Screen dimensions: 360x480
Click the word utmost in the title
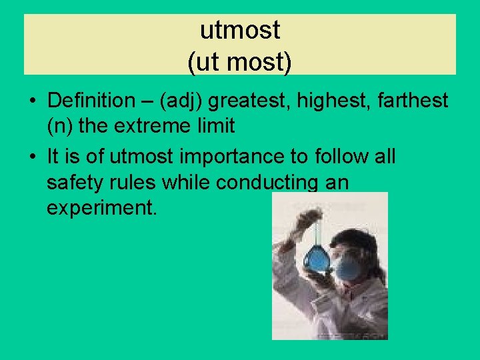[240, 29]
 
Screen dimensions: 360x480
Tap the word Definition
[91, 101]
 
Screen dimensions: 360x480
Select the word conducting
[264, 181]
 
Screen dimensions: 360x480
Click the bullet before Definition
[32, 101]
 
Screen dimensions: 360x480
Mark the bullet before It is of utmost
[32, 157]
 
